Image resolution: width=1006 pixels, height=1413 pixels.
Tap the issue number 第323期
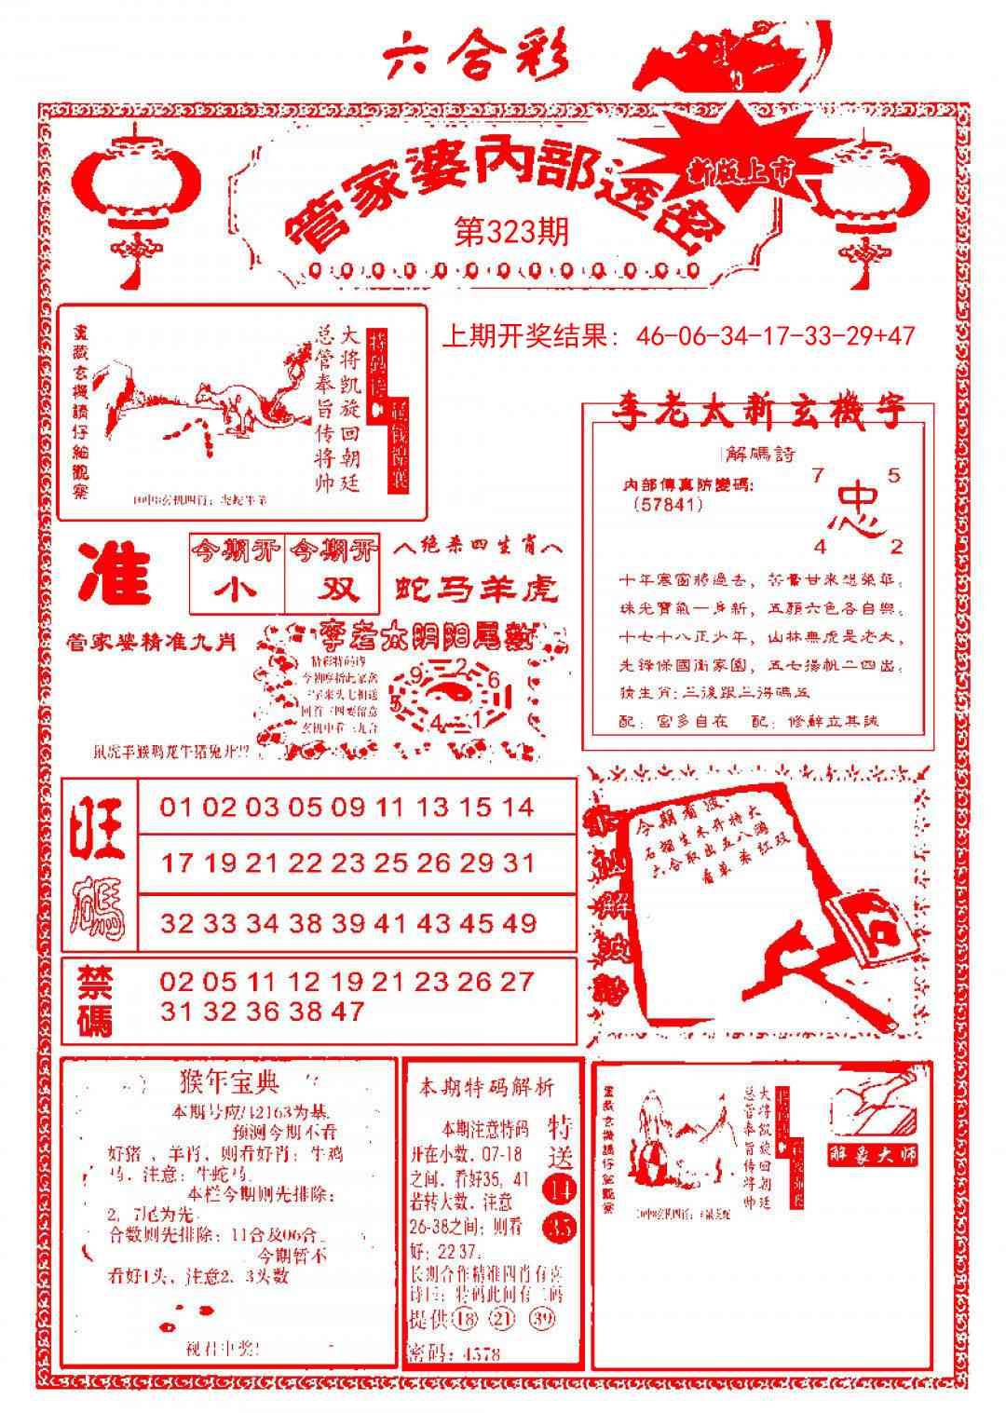click(510, 232)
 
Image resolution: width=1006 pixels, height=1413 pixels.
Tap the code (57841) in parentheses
click(667, 504)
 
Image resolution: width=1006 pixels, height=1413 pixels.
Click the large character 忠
click(855, 509)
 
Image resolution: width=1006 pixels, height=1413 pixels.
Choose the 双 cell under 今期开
click(333, 590)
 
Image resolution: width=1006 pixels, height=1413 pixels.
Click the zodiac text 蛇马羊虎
click(476, 588)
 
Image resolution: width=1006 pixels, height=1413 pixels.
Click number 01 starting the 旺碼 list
click(177, 807)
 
